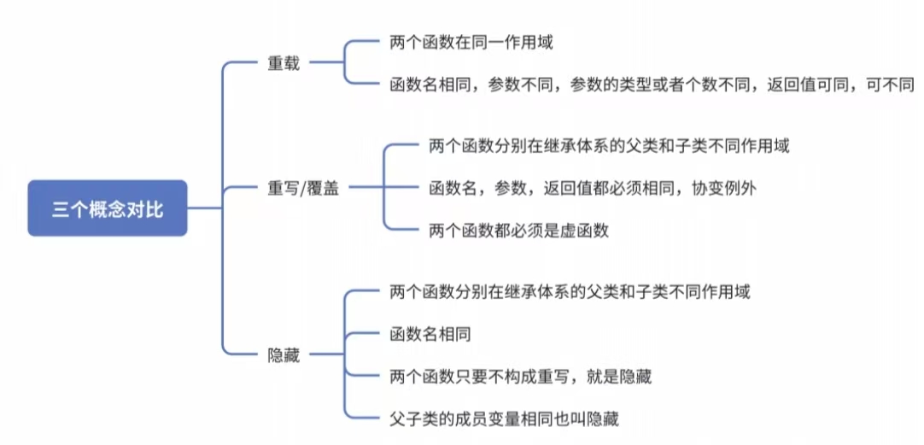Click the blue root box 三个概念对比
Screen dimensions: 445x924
(x=108, y=208)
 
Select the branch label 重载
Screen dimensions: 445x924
(x=284, y=64)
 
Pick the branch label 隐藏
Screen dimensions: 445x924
(x=284, y=355)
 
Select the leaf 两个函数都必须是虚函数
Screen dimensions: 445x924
(x=518, y=230)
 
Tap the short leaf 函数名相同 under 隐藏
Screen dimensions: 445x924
(x=430, y=334)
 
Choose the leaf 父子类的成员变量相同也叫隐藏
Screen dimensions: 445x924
(x=503, y=419)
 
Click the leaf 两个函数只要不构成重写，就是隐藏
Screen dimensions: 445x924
(x=519, y=376)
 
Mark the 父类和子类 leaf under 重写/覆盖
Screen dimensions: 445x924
(x=609, y=146)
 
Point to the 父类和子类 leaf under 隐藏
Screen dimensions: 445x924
(x=569, y=292)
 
